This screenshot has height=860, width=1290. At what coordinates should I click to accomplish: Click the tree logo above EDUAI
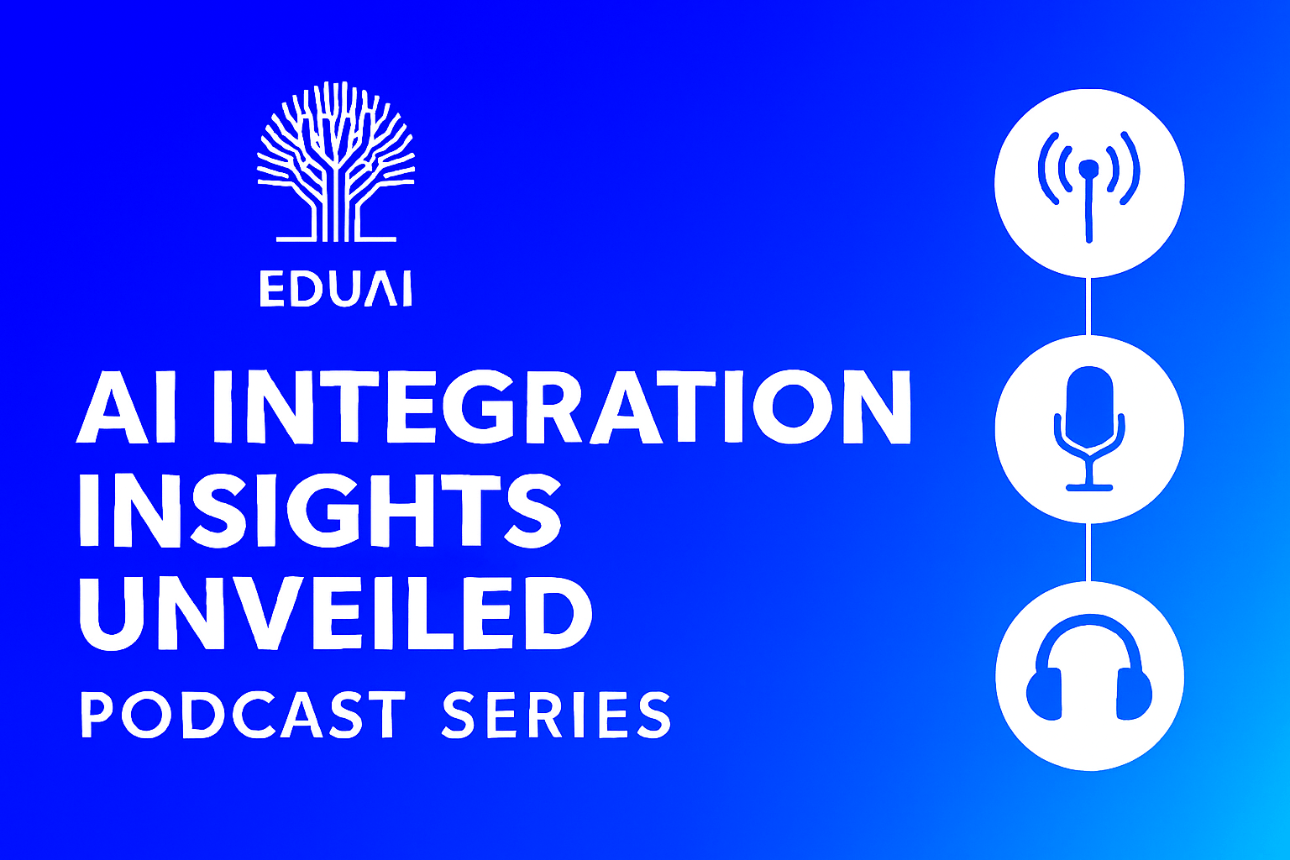[336, 161]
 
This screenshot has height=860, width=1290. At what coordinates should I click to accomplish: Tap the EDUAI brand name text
[336, 289]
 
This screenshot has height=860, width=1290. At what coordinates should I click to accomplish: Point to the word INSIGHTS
[320, 510]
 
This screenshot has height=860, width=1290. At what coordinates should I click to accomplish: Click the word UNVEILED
[336, 612]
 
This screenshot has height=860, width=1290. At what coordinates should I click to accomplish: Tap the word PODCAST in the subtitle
[243, 715]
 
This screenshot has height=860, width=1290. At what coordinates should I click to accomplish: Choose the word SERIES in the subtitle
[556, 715]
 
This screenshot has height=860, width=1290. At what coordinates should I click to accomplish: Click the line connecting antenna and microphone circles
[1088, 306]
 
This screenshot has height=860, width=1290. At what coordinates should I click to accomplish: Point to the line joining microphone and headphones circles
[1088, 552]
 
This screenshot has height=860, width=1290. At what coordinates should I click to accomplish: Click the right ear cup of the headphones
[1135, 694]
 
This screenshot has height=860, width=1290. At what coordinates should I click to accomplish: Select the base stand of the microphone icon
[1089, 488]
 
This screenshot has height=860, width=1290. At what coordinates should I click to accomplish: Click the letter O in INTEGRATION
[793, 407]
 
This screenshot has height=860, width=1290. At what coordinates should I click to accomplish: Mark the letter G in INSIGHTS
[329, 510]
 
